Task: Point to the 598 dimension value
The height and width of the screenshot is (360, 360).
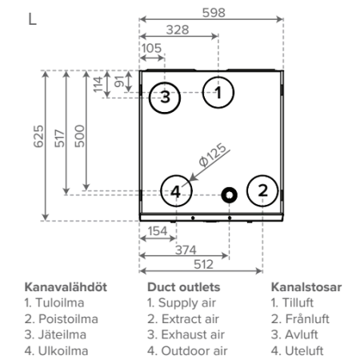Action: coord(214,13)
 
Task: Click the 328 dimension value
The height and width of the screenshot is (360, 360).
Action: coord(178,30)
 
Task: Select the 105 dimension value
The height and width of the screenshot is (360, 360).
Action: coord(151,48)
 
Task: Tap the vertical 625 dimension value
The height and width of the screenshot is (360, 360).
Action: coord(38,136)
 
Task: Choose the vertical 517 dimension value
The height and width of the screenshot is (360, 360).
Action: coord(59,138)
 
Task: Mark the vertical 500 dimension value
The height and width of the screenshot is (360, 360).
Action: coord(79,136)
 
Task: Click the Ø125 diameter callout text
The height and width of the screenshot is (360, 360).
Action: coord(213,155)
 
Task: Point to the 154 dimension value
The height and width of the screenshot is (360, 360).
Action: coord(158,231)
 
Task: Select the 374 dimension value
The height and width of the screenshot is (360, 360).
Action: coord(186,250)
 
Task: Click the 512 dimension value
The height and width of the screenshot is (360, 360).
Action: coord(203,265)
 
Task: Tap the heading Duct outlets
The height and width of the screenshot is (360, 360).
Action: coord(184,287)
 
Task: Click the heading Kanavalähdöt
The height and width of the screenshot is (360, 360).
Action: coord(66,287)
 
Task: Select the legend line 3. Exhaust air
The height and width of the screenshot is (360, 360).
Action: coord(186,334)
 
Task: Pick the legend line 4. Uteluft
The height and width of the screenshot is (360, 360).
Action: coord(297,350)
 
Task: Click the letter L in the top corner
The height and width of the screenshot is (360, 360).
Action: coord(32,19)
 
